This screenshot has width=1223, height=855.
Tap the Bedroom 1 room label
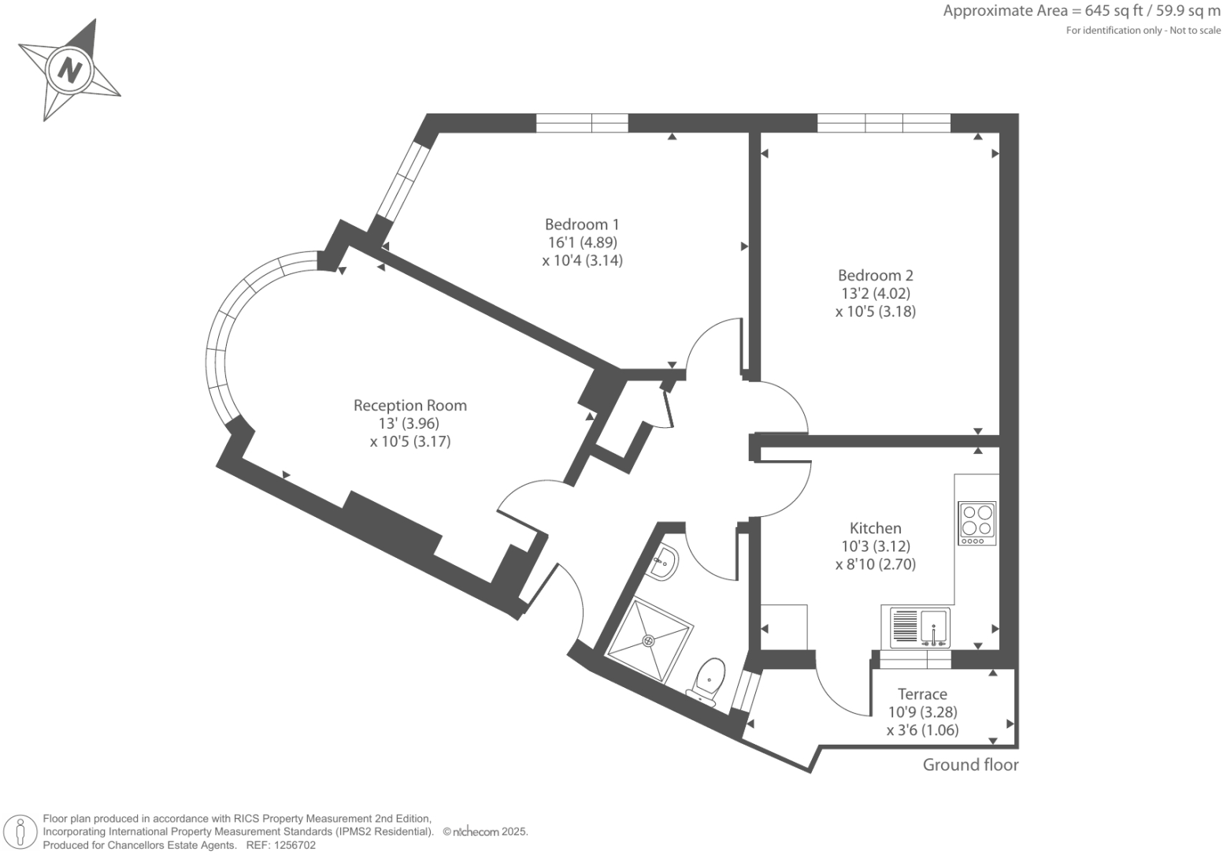pyautogui.click(x=582, y=225)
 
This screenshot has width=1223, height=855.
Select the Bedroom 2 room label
pyautogui.click(x=875, y=276)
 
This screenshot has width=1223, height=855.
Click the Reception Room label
pyautogui.click(x=410, y=406)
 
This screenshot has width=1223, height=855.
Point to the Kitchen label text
pyautogui.click(x=875, y=529)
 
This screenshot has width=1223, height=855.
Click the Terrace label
pyautogui.click(x=922, y=694)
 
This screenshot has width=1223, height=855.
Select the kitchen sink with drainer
pyautogui.click(x=920, y=627)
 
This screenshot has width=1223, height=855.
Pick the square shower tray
pyautogui.click(x=650, y=640)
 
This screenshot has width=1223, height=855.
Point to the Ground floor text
pyautogui.click(x=970, y=765)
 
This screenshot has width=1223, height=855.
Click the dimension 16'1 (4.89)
pyautogui.click(x=582, y=243)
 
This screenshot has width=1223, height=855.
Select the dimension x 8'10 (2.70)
pyautogui.click(x=875, y=564)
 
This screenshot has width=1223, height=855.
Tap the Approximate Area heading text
pyautogui.click(x=1081, y=11)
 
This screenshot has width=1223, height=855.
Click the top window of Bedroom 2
pyautogui.click(x=884, y=123)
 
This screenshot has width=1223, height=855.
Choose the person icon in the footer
pyautogui.click(x=20, y=832)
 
